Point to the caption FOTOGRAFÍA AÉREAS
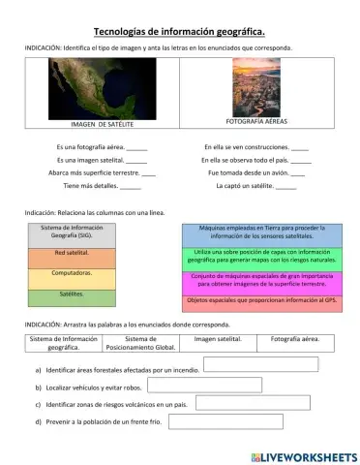(x=255, y=122)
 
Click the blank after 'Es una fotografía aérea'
(x=136, y=147)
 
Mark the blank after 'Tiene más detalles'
(x=131, y=185)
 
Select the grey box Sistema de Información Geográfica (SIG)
(x=72, y=233)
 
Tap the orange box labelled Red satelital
(x=72, y=255)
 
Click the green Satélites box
(x=72, y=295)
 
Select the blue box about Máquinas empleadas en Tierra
(x=261, y=233)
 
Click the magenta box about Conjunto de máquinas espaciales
(x=261, y=280)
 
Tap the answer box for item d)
(x=229, y=420)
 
